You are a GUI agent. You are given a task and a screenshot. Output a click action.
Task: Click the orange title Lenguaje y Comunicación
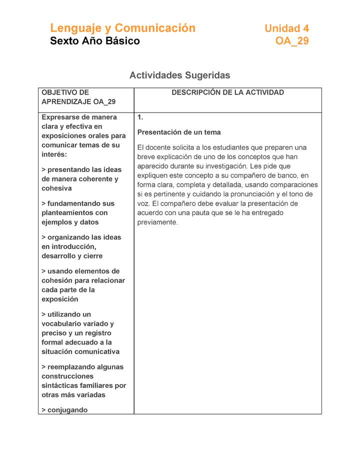point(122,28)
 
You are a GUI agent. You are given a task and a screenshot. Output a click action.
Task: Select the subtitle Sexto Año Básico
point(95,41)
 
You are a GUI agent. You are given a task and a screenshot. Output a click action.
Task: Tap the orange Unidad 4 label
point(286,28)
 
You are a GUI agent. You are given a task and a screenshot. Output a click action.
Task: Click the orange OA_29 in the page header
point(292,41)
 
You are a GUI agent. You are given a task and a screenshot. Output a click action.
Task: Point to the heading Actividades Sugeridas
point(179,75)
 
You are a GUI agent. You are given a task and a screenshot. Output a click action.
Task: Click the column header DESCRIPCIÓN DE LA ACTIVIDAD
point(227,92)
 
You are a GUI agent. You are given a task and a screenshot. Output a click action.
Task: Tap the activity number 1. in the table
point(140,117)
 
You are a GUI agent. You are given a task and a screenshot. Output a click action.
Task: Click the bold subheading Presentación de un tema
point(179,132)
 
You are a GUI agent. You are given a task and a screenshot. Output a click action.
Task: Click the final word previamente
point(157,222)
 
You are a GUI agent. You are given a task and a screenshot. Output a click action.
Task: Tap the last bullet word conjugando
point(67,410)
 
